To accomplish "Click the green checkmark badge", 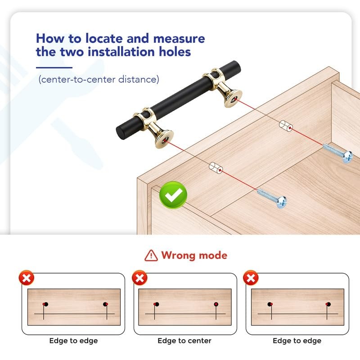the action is coord(173,195).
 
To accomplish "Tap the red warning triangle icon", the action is coord(151,256).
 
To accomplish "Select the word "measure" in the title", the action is coord(179,38).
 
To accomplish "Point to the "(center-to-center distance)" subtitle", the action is coord(99,80).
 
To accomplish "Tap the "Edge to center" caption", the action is coord(184,341).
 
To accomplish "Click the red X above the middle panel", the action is coord(139,278).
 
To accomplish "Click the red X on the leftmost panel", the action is coord(27,278).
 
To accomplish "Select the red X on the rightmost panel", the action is coord(251,278).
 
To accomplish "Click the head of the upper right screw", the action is coord(347,157).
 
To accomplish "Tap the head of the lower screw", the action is coord(282,202).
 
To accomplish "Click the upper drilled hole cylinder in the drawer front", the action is coord(286,126).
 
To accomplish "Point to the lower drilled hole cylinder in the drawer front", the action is coord(216,168).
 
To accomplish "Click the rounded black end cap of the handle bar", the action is coord(121,133).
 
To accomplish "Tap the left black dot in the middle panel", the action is coord(157,304).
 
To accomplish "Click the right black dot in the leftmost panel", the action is coord(105,304).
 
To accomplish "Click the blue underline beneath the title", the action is coord(54,67).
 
